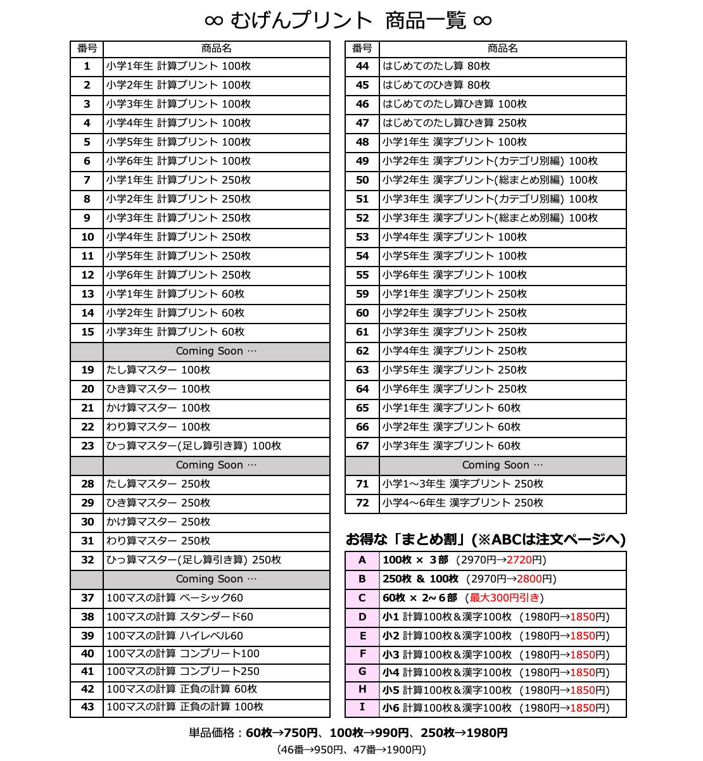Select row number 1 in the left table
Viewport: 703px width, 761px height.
coord(87,66)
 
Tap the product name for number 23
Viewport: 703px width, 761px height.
coord(193,446)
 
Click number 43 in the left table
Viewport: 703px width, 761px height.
coord(87,707)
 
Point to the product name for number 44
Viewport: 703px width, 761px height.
coord(436,66)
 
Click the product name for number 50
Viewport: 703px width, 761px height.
coord(490,180)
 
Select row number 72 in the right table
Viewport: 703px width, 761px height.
coord(362,503)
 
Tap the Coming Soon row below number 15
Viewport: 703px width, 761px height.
coord(217,351)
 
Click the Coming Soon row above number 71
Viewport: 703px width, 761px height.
coord(502,465)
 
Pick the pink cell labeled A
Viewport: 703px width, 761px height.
coord(362,560)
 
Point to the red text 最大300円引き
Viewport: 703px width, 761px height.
coord(505,598)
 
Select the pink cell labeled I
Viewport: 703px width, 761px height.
coord(362,707)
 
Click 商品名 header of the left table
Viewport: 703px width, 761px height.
coord(217,49)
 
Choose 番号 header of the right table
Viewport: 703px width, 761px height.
coord(362,49)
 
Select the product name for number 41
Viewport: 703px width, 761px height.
coord(182,672)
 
